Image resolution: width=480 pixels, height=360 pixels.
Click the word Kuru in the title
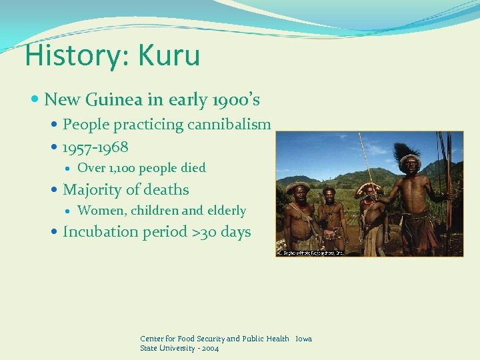tap(169, 55)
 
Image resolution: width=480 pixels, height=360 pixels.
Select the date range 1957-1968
tap(95, 146)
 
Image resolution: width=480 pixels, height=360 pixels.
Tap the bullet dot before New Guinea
tap(36, 101)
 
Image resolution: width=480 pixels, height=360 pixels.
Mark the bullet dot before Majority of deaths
tap(55, 191)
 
